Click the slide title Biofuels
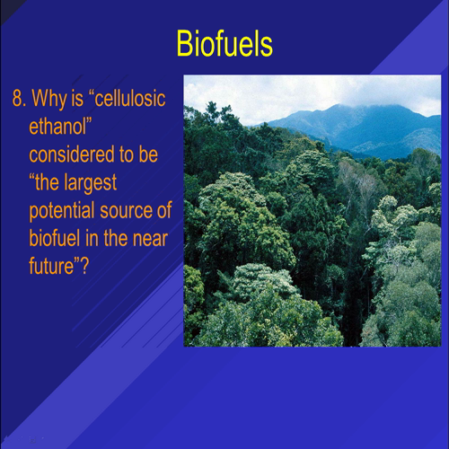(224, 43)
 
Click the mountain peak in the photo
(338, 110)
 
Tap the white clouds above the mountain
(260, 94)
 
